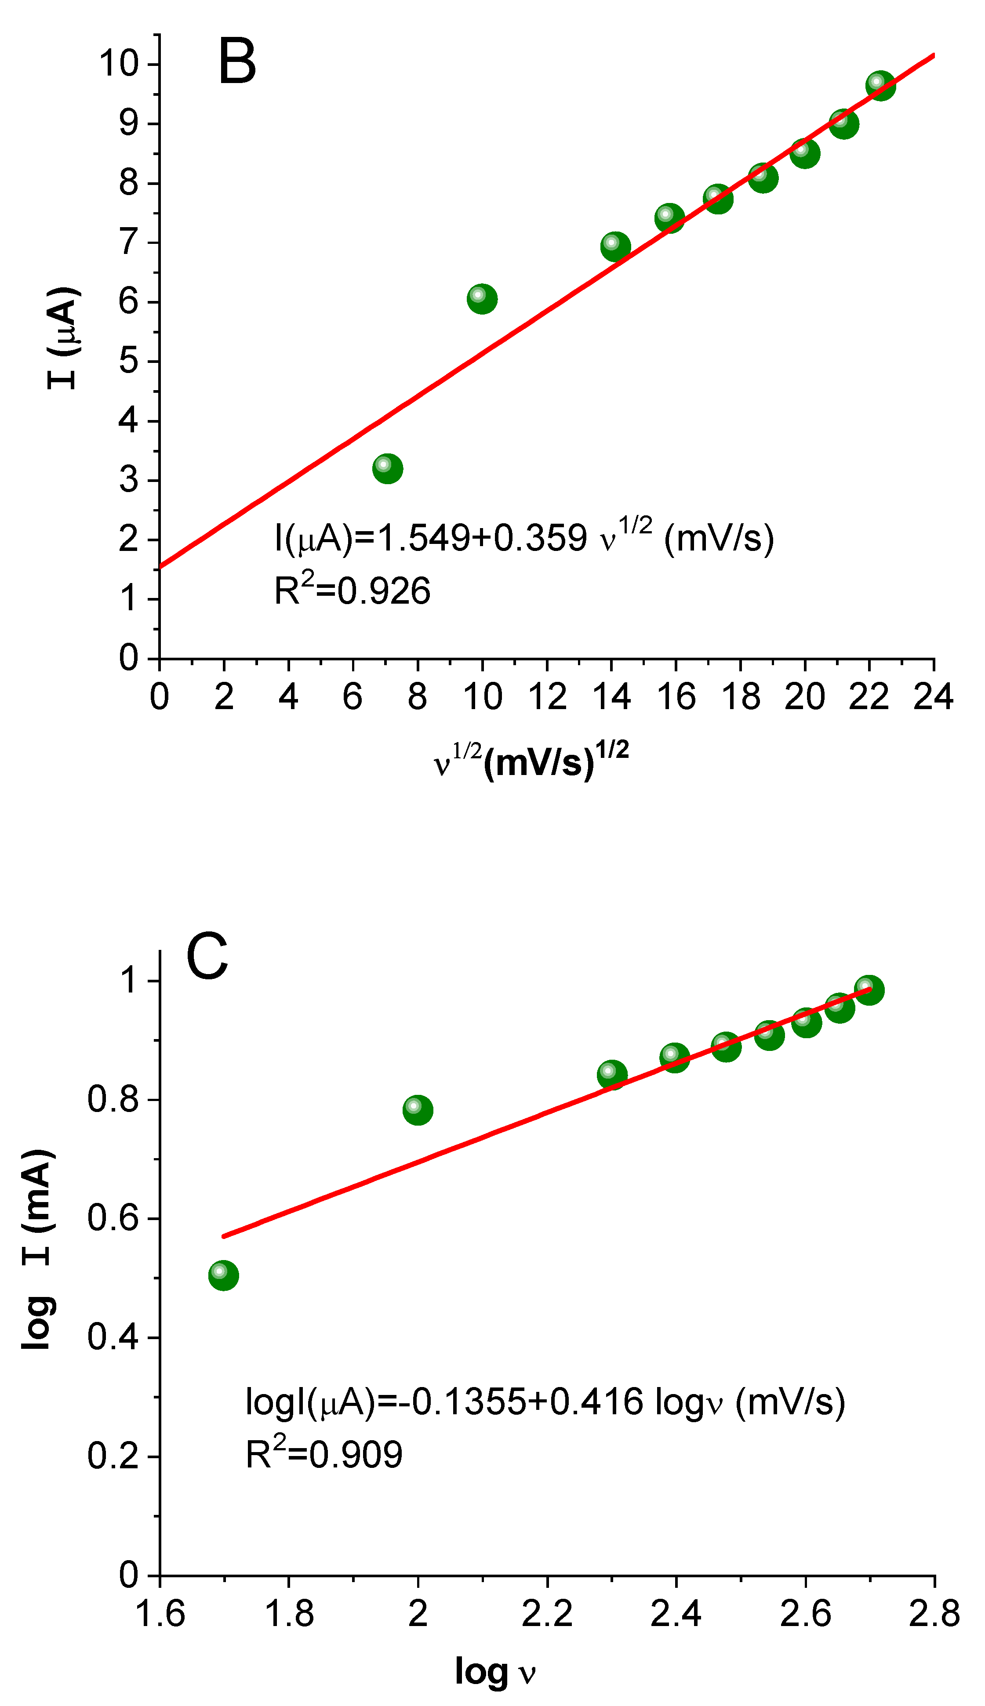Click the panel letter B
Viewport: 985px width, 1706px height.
(237, 62)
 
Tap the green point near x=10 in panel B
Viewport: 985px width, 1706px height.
(482, 298)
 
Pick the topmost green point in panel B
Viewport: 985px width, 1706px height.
(880, 85)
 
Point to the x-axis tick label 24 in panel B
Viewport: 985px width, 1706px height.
(933, 696)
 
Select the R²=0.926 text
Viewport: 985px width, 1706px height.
(352, 590)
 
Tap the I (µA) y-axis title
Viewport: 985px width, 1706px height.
(64, 338)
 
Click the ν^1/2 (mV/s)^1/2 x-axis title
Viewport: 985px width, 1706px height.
(531, 761)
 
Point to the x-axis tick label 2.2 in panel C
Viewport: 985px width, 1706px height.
(547, 1613)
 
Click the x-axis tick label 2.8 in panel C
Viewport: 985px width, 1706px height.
(934, 1613)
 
